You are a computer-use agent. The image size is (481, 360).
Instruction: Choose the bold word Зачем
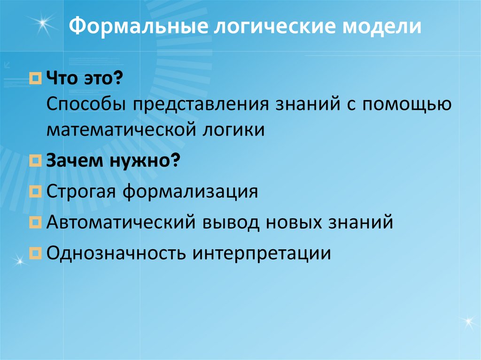(x=74, y=161)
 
